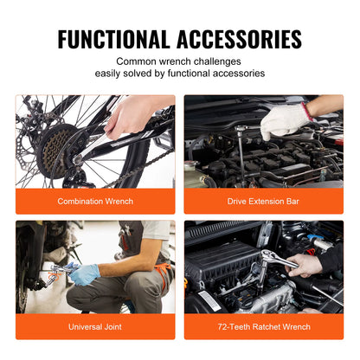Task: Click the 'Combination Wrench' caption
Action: coord(95,201)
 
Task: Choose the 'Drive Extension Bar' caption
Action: coord(264,201)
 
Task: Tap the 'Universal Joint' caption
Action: coord(95,326)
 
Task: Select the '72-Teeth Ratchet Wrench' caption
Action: coord(264,326)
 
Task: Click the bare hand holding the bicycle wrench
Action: coord(131,117)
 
